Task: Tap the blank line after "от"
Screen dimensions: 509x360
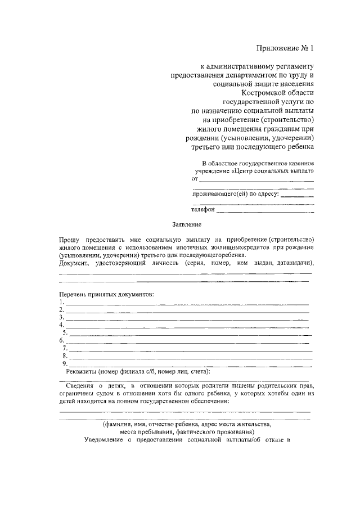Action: (256, 180)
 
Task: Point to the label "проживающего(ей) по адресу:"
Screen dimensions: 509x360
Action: (236, 194)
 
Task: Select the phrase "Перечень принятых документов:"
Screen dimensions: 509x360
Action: (106, 294)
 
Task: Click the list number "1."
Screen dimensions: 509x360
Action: (62, 302)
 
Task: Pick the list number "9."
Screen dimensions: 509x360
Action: (65, 363)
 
